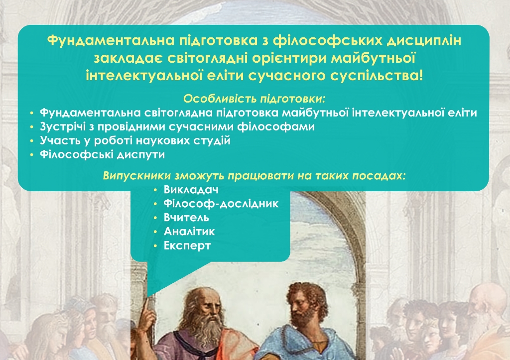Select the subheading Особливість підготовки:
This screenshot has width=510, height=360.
[255, 98]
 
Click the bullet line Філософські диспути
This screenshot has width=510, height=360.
[103, 155]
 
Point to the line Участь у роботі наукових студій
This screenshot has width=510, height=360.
[135, 141]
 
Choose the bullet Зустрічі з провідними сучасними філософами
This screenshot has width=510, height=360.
[177, 127]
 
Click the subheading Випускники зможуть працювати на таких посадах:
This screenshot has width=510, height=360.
[255, 176]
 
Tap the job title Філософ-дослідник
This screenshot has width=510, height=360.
[221, 204]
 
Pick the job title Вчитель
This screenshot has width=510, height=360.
[186, 218]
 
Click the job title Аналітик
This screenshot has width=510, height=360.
[189, 232]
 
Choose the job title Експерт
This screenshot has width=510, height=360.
[187, 245]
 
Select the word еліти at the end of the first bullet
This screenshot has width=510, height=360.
[463, 113]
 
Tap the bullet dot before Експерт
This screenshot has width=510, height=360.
[156, 246]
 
